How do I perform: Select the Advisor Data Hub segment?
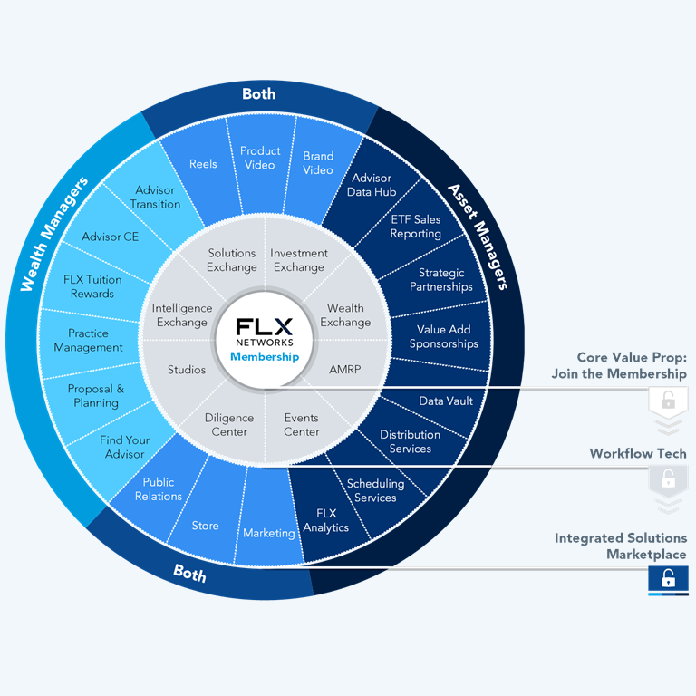pyautogui.click(x=371, y=185)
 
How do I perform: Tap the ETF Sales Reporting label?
pyautogui.click(x=415, y=227)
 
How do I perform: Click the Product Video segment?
pyautogui.click(x=260, y=158)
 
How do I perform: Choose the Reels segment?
pyautogui.click(x=203, y=164)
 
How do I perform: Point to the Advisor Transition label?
pyautogui.click(x=155, y=198)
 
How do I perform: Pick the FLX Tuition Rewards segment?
pyautogui.click(x=92, y=286)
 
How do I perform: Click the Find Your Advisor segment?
pyautogui.click(x=125, y=447)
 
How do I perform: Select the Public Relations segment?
pyautogui.click(x=159, y=489)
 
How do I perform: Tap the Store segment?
pyautogui.click(x=205, y=526)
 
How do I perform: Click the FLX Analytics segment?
pyautogui.click(x=326, y=520)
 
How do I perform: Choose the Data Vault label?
pyautogui.click(x=446, y=401)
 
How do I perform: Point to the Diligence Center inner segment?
pyautogui.click(x=226, y=425)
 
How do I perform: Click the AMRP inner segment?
pyautogui.click(x=345, y=370)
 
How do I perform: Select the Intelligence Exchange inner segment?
pyautogui.click(x=182, y=315)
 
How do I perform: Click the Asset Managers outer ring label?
pyautogui.click(x=478, y=236)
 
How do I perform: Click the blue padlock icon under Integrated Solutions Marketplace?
pyautogui.click(x=668, y=579)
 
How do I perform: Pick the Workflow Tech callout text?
pyautogui.click(x=638, y=453)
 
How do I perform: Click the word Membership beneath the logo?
pyautogui.click(x=265, y=357)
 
